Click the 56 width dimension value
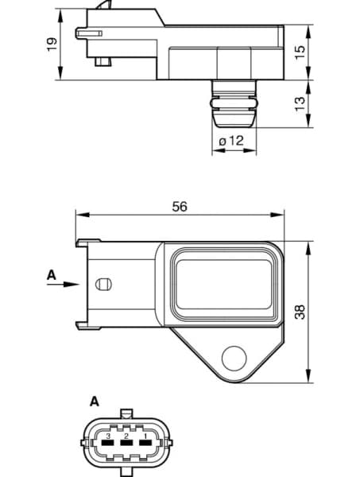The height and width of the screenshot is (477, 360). (180, 206)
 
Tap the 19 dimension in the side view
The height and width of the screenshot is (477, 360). (52, 45)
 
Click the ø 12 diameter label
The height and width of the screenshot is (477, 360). (231, 141)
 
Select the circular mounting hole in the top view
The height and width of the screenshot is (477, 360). (234, 358)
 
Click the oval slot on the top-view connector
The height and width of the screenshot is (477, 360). (103, 285)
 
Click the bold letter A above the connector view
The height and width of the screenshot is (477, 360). (95, 401)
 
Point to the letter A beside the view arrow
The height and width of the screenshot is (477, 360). (52, 275)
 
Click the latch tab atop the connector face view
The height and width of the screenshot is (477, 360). (126, 414)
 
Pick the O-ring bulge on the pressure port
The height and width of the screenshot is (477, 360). (232, 103)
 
